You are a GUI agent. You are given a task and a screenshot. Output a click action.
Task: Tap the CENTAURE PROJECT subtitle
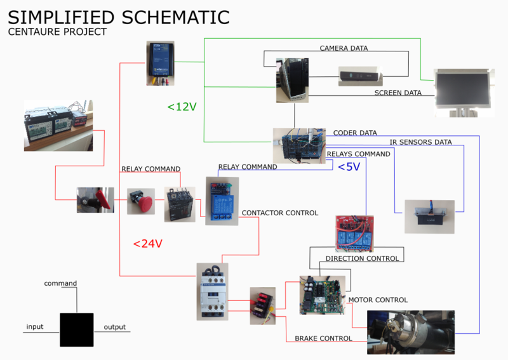tap(57, 31)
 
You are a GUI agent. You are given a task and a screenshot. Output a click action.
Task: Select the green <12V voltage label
tap(182, 107)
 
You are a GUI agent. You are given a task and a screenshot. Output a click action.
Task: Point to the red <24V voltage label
tap(148, 243)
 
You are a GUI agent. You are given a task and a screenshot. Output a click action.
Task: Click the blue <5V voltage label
tap(349, 167)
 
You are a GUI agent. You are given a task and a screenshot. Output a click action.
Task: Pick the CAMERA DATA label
tap(344, 48)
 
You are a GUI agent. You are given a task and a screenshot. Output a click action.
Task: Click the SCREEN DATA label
tap(398, 93)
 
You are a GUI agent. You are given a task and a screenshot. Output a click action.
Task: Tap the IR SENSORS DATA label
tap(421, 142)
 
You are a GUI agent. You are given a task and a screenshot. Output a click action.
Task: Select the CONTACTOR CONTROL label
tap(280, 213)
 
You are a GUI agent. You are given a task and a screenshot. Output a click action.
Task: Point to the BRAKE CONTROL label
tap(323, 338)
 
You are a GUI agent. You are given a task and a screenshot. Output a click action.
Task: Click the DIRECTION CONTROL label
tap(362, 258)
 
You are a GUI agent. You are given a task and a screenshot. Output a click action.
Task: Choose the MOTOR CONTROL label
tap(378, 300)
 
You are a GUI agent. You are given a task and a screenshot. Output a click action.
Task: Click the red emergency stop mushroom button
tap(140, 202)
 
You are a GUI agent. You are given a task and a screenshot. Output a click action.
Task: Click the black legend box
tap(77, 329)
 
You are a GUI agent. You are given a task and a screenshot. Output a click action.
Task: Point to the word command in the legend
tap(60, 283)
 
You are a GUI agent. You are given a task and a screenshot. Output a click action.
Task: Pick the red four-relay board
tap(354, 232)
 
